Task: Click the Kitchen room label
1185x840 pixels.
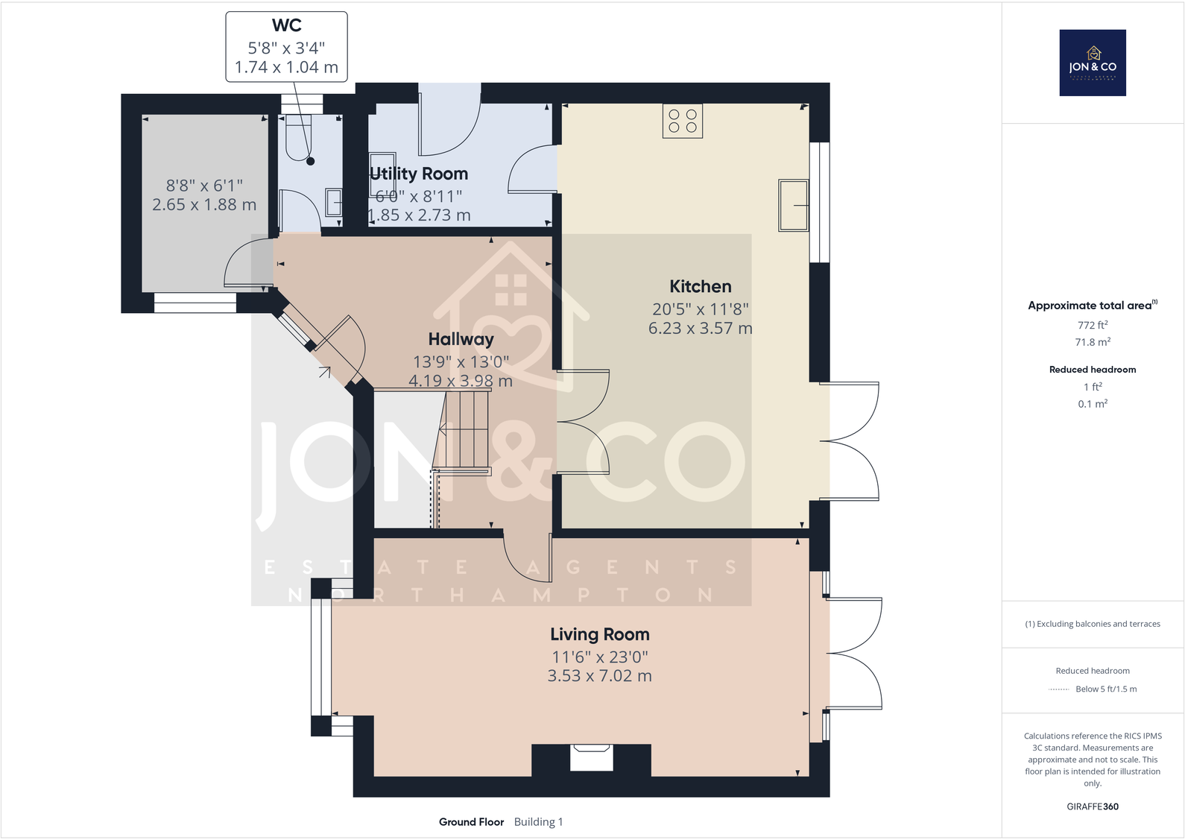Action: tap(700, 286)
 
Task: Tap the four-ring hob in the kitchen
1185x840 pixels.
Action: tap(682, 121)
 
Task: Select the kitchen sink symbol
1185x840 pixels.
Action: tap(793, 205)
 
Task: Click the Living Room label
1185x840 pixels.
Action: tap(599, 634)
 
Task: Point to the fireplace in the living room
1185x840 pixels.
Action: tap(591, 759)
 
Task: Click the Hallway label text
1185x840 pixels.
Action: tap(461, 339)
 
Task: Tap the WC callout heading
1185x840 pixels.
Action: tap(286, 25)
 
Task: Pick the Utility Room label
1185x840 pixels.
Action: tap(420, 174)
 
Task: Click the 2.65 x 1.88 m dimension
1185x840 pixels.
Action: tap(204, 205)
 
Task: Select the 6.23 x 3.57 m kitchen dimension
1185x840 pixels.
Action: tap(700, 328)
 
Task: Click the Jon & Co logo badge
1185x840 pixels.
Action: tap(1092, 63)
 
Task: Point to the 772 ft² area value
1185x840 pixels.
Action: tap(1092, 325)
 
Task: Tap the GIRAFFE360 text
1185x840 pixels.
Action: tap(1092, 806)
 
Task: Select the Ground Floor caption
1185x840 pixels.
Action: tap(471, 822)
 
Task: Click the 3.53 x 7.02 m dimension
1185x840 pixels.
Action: tap(599, 676)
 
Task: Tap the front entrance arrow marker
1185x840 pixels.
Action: tap(324, 371)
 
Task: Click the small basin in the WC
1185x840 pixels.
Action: tap(333, 202)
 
